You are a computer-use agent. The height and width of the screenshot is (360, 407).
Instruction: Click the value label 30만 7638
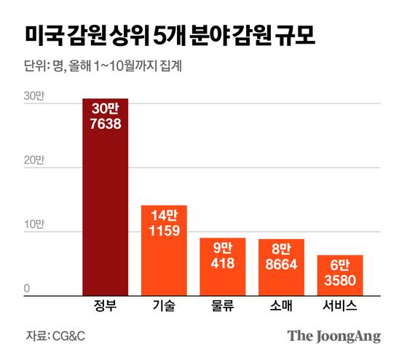[106, 117]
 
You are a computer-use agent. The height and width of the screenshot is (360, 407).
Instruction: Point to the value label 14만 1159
[165, 224]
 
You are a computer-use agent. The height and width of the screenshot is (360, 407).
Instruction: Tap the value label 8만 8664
[281, 257]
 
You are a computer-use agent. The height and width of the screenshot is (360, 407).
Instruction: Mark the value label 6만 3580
[340, 273]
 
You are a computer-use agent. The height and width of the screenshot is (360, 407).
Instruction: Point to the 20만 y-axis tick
[33, 160]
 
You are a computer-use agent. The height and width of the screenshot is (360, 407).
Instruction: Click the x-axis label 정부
[105, 307]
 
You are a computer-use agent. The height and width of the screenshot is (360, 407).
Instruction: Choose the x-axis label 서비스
[340, 307]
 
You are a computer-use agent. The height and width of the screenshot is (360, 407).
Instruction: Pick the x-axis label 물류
[223, 307]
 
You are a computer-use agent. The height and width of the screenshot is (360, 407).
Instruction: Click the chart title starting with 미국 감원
[170, 35]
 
